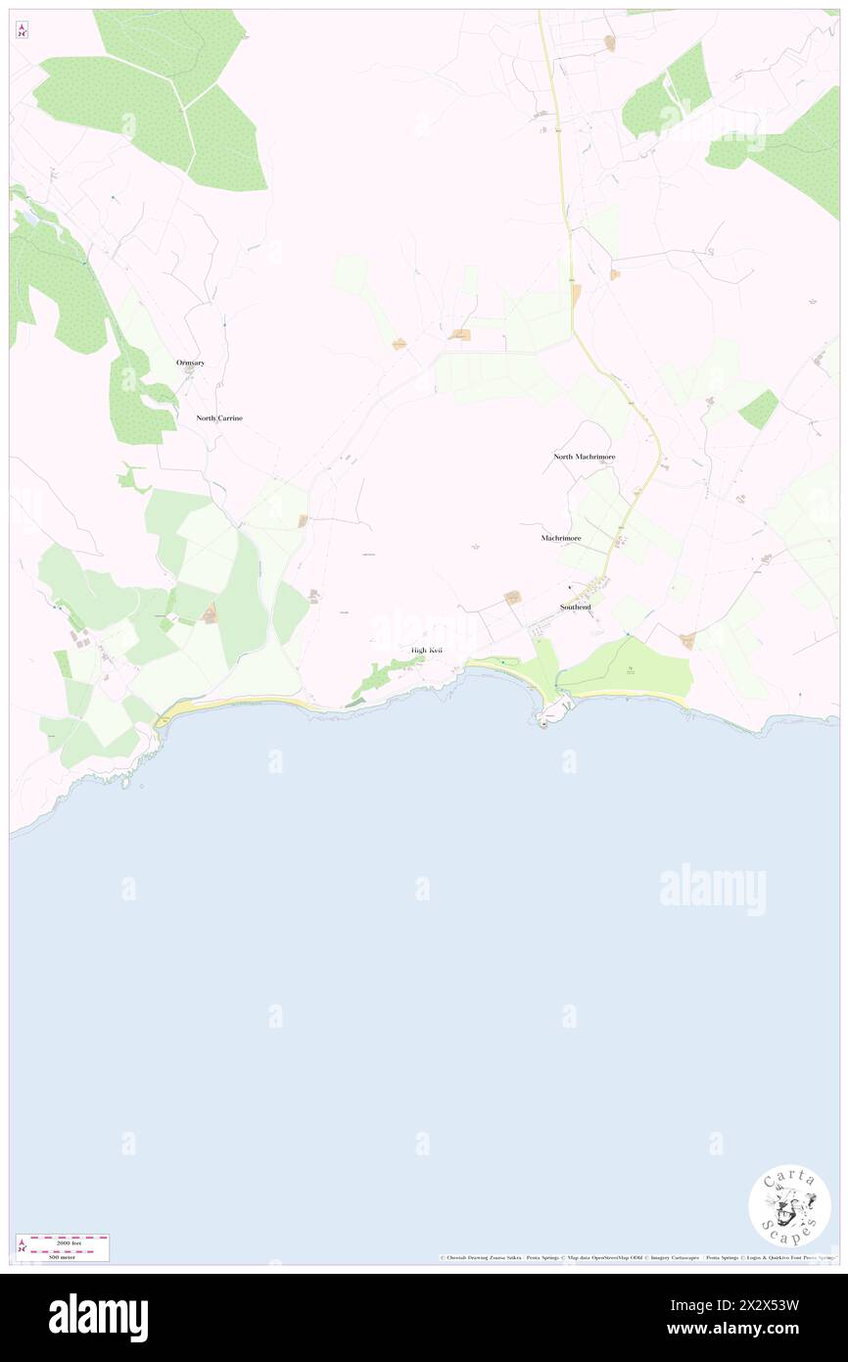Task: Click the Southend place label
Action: tap(575, 608)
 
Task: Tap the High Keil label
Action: tap(427, 651)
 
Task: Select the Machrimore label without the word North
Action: tap(561, 538)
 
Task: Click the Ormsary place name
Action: tap(191, 363)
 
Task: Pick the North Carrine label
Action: tap(219, 418)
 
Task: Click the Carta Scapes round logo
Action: tap(789, 1205)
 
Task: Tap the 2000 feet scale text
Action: tap(70, 1242)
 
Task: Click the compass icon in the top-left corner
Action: tap(23, 30)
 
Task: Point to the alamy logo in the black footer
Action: tap(98, 1318)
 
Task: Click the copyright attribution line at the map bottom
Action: tap(636, 1257)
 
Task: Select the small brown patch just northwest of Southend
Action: tap(512, 597)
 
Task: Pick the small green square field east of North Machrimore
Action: tap(758, 410)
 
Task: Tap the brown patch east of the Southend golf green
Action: tap(687, 641)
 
